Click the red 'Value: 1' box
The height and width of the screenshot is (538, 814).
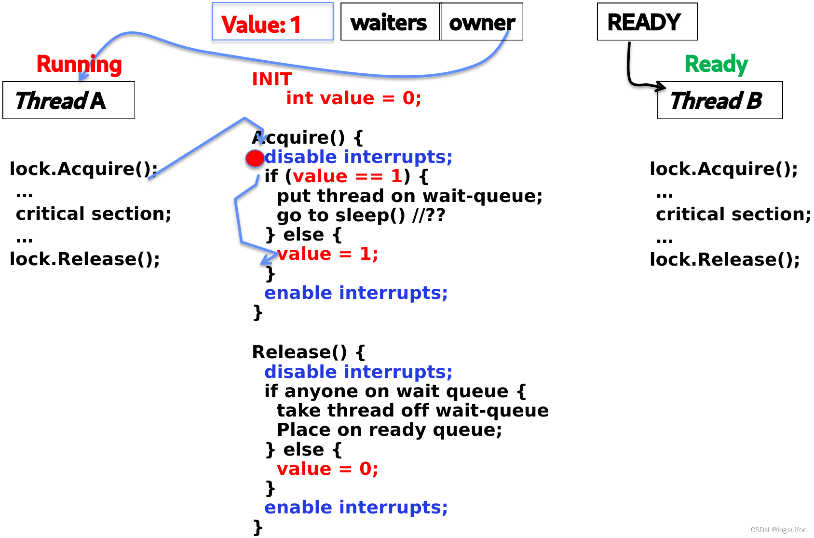[x=272, y=21]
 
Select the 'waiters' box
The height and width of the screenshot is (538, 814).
[x=390, y=21]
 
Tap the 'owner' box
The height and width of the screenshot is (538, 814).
[x=482, y=21]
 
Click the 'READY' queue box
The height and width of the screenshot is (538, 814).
[x=647, y=21]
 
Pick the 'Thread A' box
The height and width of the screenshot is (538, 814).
[x=68, y=100]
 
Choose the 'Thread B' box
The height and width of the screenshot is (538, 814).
[x=720, y=100]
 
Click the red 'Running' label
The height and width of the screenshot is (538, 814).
[x=79, y=65]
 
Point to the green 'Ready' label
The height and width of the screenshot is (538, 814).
[x=716, y=64]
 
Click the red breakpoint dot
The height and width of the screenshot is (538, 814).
[x=255, y=159]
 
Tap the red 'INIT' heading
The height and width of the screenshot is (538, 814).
[x=272, y=79]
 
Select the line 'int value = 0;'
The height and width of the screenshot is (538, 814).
[x=353, y=98]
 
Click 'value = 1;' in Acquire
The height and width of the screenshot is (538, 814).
[x=327, y=254]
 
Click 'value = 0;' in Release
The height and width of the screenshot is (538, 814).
[x=327, y=469]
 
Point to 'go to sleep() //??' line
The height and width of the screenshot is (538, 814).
[x=361, y=215]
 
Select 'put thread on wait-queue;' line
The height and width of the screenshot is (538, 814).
[x=409, y=196]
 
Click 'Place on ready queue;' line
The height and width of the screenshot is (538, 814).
[x=389, y=430]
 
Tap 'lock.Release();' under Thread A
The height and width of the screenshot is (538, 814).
[x=85, y=259]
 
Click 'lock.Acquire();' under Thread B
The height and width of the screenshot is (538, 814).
[x=723, y=169]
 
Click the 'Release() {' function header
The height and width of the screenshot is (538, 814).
[x=309, y=352]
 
